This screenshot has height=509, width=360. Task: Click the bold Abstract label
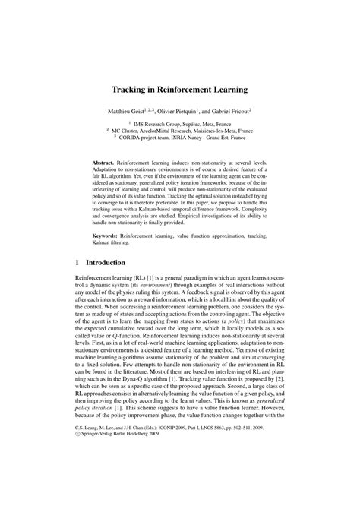(x=104, y=163)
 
